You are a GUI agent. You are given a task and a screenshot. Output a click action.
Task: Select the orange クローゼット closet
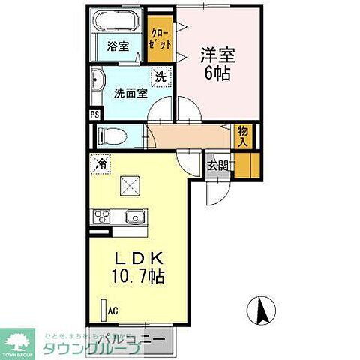tap(157, 40)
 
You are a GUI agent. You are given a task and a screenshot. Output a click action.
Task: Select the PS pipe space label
tap(94, 115)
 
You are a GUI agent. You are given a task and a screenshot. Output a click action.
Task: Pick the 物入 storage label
tap(242, 136)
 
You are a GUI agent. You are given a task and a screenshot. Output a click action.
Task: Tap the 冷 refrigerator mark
tap(99, 161)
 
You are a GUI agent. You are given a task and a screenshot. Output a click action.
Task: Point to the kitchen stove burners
tap(102, 218)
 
